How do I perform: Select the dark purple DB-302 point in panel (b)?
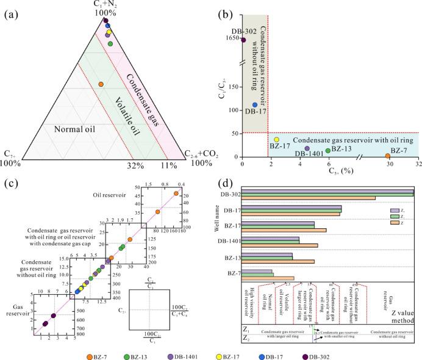[243, 40]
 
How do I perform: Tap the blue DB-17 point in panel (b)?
[255, 105]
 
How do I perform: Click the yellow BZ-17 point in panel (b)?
[277, 140]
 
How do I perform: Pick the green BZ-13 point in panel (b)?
[328, 150]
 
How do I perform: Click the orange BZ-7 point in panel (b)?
[388, 157]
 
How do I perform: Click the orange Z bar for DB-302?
[309, 198]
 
